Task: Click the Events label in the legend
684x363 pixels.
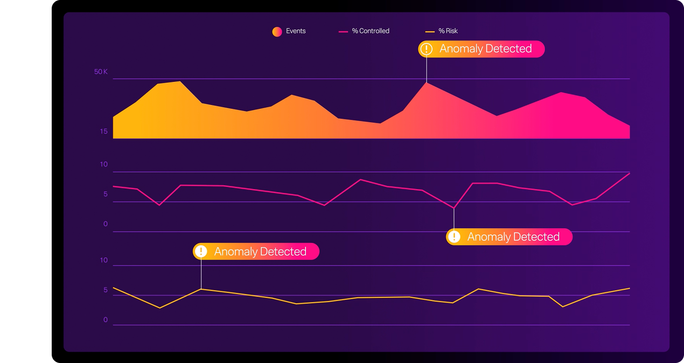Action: click(x=296, y=31)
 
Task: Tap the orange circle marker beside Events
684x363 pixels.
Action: click(x=277, y=32)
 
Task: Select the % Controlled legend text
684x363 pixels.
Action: click(x=371, y=31)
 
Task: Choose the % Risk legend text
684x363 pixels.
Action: click(x=448, y=31)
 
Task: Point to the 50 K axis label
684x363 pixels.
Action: click(x=101, y=72)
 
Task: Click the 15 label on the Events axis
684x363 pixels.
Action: click(x=103, y=132)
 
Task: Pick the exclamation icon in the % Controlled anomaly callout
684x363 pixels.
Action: click(x=454, y=237)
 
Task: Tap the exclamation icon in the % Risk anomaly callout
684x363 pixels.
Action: click(x=201, y=252)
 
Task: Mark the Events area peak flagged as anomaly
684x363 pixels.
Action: click(x=427, y=82)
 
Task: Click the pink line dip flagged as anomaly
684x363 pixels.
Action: click(x=454, y=208)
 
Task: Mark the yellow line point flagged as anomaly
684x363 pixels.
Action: click(x=201, y=289)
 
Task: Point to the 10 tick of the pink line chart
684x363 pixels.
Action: click(x=104, y=165)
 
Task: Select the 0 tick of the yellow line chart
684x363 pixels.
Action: click(x=106, y=320)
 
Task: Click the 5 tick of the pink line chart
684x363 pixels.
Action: click(x=106, y=194)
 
